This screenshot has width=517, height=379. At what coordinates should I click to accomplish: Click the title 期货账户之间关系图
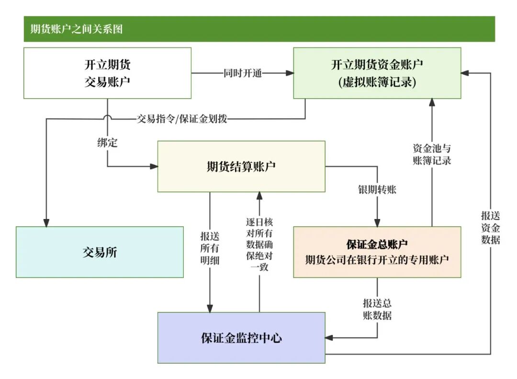point(77,29)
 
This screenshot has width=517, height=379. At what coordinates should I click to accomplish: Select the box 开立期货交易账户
point(108,73)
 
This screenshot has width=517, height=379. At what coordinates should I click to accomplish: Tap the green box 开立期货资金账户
point(377,73)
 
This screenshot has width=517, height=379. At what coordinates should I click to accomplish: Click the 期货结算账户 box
point(241,166)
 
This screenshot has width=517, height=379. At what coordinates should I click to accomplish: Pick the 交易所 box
point(100,252)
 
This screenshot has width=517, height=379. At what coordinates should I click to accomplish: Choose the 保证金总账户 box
point(377,252)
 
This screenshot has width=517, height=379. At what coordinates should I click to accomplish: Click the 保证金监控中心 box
point(241,338)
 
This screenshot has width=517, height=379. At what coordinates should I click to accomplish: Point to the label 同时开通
point(243,73)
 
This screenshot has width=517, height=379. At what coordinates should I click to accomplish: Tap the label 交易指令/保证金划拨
point(182,119)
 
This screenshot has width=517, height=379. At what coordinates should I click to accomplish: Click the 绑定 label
point(108,143)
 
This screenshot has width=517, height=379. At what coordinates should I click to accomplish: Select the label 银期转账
point(377,190)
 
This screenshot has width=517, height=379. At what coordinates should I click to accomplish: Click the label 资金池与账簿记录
point(432,154)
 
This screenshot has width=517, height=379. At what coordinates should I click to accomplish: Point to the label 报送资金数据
point(491,228)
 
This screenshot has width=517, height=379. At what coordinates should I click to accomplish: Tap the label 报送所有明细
point(210,248)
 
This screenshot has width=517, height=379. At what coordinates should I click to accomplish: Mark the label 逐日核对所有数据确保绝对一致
point(259,244)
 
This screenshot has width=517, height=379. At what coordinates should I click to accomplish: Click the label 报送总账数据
point(377,310)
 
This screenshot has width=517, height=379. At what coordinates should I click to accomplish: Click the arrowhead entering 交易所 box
point(46,222)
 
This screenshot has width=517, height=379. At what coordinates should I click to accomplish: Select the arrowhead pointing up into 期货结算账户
point(259,196)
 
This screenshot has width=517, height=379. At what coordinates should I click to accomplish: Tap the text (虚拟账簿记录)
point(377,82)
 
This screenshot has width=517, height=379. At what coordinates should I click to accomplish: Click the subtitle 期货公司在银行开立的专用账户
point(377,260)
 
